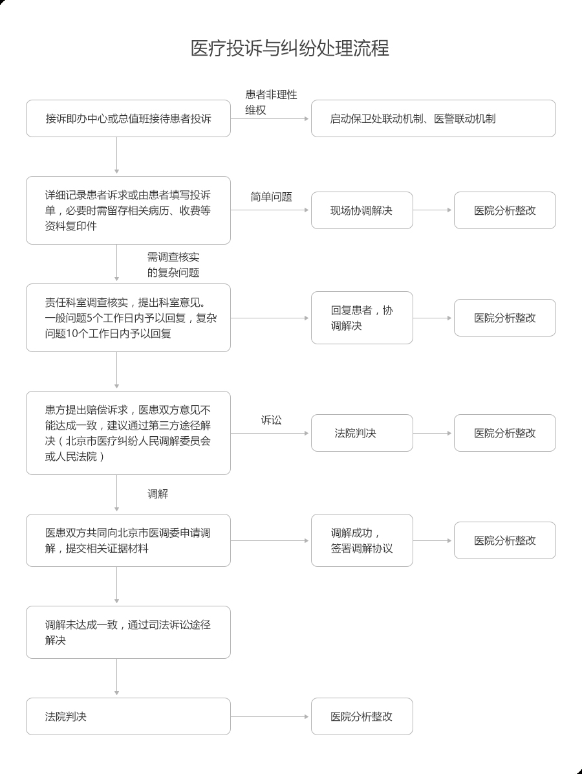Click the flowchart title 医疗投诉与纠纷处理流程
(290, 49)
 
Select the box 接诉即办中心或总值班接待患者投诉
(128, 118)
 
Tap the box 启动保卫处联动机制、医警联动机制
(433, 118)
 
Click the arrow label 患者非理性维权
(271, 102)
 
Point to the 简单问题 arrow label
(271, 197)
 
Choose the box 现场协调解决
(362, 210)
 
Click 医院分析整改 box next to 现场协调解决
(505, 210)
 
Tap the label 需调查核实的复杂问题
(173, 265)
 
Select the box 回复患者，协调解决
(362, 318)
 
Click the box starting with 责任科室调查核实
(128, 318)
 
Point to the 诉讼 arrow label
(271, 420)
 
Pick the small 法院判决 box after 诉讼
(362, 433)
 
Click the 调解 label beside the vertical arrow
(158, 494)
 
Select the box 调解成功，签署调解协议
(362, 540)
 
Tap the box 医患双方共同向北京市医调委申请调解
(128, 540)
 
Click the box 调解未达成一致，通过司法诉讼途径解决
(128, 632)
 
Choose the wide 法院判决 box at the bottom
(128, 716)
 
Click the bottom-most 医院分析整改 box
(362, 716)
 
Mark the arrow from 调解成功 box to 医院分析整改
(433, 540)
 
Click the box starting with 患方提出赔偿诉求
(128, 433)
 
